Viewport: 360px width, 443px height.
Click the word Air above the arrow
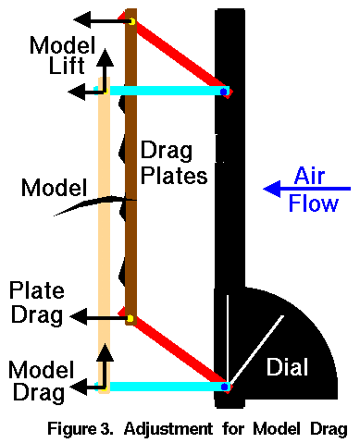pos(311,173)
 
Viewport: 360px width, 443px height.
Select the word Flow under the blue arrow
pos(311,204)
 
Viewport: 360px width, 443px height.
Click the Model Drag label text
pos(37,380)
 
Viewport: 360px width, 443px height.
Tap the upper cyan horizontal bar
pos(167,91)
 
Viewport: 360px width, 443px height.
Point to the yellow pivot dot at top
pos(131,20)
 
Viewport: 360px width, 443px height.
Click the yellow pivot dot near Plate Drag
pos(130,319)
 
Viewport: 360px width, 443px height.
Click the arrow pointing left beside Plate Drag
pos(97,317)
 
